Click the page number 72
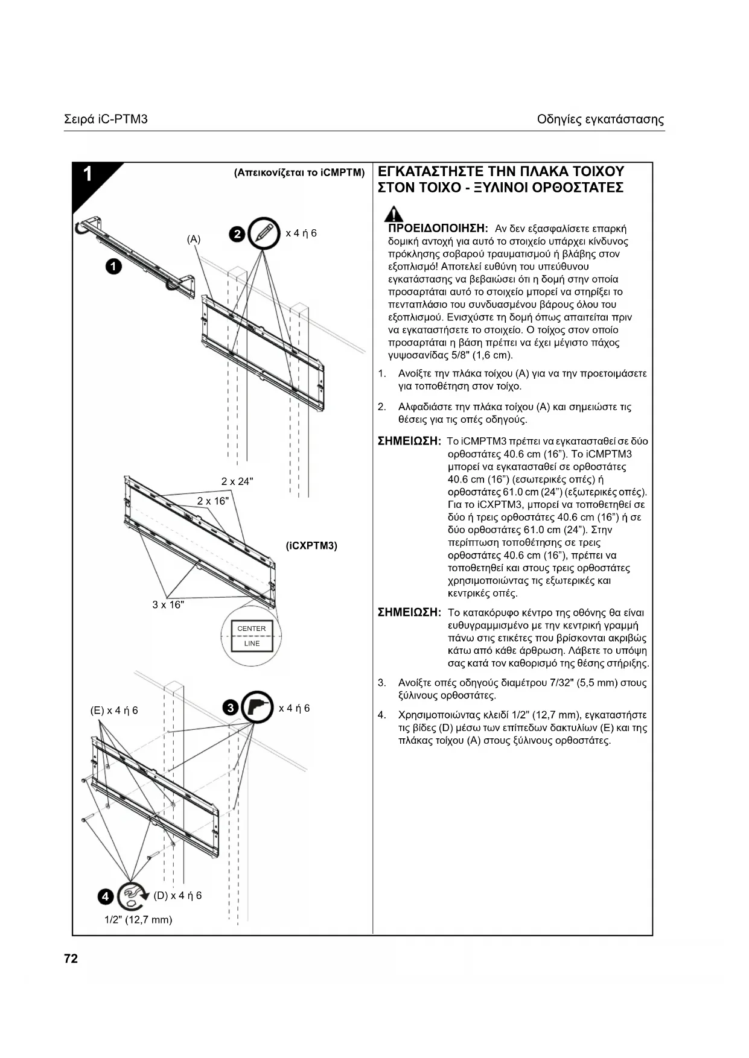tap(71, 958)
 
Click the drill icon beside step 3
tap(257, 708)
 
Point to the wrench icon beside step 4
tap(133, 896)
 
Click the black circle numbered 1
tap(113, 266)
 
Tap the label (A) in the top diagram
tap(193, 239)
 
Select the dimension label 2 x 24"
tap(237, 481)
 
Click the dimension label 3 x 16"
tap(168, 605)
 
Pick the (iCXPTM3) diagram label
tap(311, 546)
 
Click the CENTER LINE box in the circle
tap(252, 636)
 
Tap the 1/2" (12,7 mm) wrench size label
tap(138, 920)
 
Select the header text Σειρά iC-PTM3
tap(106, 119)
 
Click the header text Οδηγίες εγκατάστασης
tap(601, 119)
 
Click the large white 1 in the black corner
tap(88, 174)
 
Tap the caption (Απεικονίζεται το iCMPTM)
tap(299, 173)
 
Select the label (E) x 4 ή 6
tap(114, 711)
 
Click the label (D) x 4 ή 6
tap(177, 896)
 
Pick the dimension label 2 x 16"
tap(213, 501)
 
